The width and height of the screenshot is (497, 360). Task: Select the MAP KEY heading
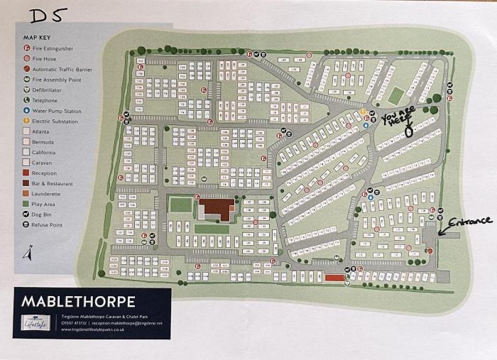[x=39, y=37]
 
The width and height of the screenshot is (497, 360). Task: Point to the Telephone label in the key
[x=46, y=100]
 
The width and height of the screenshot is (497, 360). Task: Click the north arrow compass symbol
[x=27, y=252]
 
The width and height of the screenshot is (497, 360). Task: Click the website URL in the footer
[x=92, y=329]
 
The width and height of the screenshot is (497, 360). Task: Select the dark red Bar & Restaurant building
[x=217, y=209]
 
